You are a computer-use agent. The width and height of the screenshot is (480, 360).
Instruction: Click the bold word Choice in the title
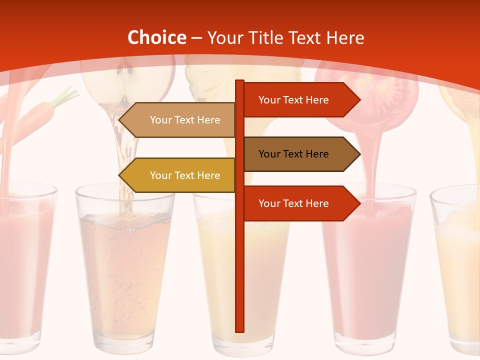pos(156,38)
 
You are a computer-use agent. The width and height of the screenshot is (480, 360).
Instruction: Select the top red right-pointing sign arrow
pos(300,100)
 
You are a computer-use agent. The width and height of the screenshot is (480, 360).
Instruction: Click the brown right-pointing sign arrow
pos(300,154)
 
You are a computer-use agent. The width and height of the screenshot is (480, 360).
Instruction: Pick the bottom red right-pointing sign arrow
pos(300,203)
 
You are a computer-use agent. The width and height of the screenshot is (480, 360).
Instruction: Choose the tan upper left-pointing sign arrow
pos(177,120)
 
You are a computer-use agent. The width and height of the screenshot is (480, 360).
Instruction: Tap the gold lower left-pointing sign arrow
pos(177,175)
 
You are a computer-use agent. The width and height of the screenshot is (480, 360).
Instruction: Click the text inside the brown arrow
pos(293,154)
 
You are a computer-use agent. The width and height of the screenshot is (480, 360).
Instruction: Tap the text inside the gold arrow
pos(185,175)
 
